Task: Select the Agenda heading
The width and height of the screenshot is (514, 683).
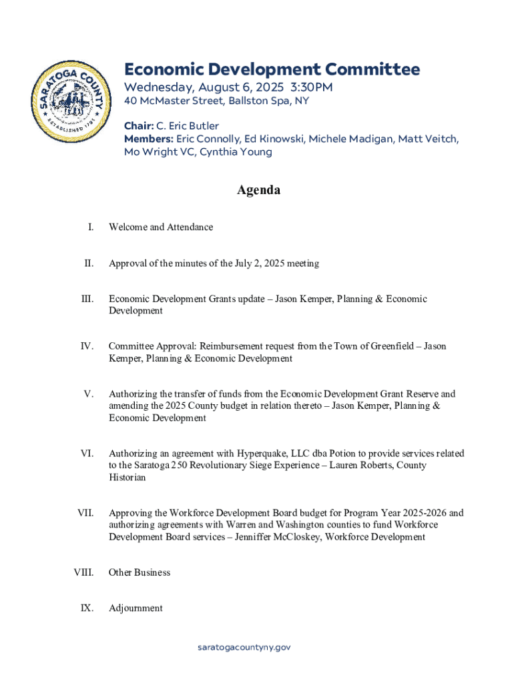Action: [x=258, y=191]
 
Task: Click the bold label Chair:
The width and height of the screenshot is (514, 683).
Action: [x=140, y=125]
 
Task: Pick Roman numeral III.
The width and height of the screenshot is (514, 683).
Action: [x=87, y=299]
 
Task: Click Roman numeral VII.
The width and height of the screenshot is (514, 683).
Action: [x=85, y=513]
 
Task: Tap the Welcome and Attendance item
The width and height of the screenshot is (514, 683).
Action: [x=161, y=227]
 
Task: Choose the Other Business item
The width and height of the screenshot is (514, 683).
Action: [x=140, y=572]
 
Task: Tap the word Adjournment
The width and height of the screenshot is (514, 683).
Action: [x=136, y=608]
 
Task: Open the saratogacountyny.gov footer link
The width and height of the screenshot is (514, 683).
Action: [x=244, y=647]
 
